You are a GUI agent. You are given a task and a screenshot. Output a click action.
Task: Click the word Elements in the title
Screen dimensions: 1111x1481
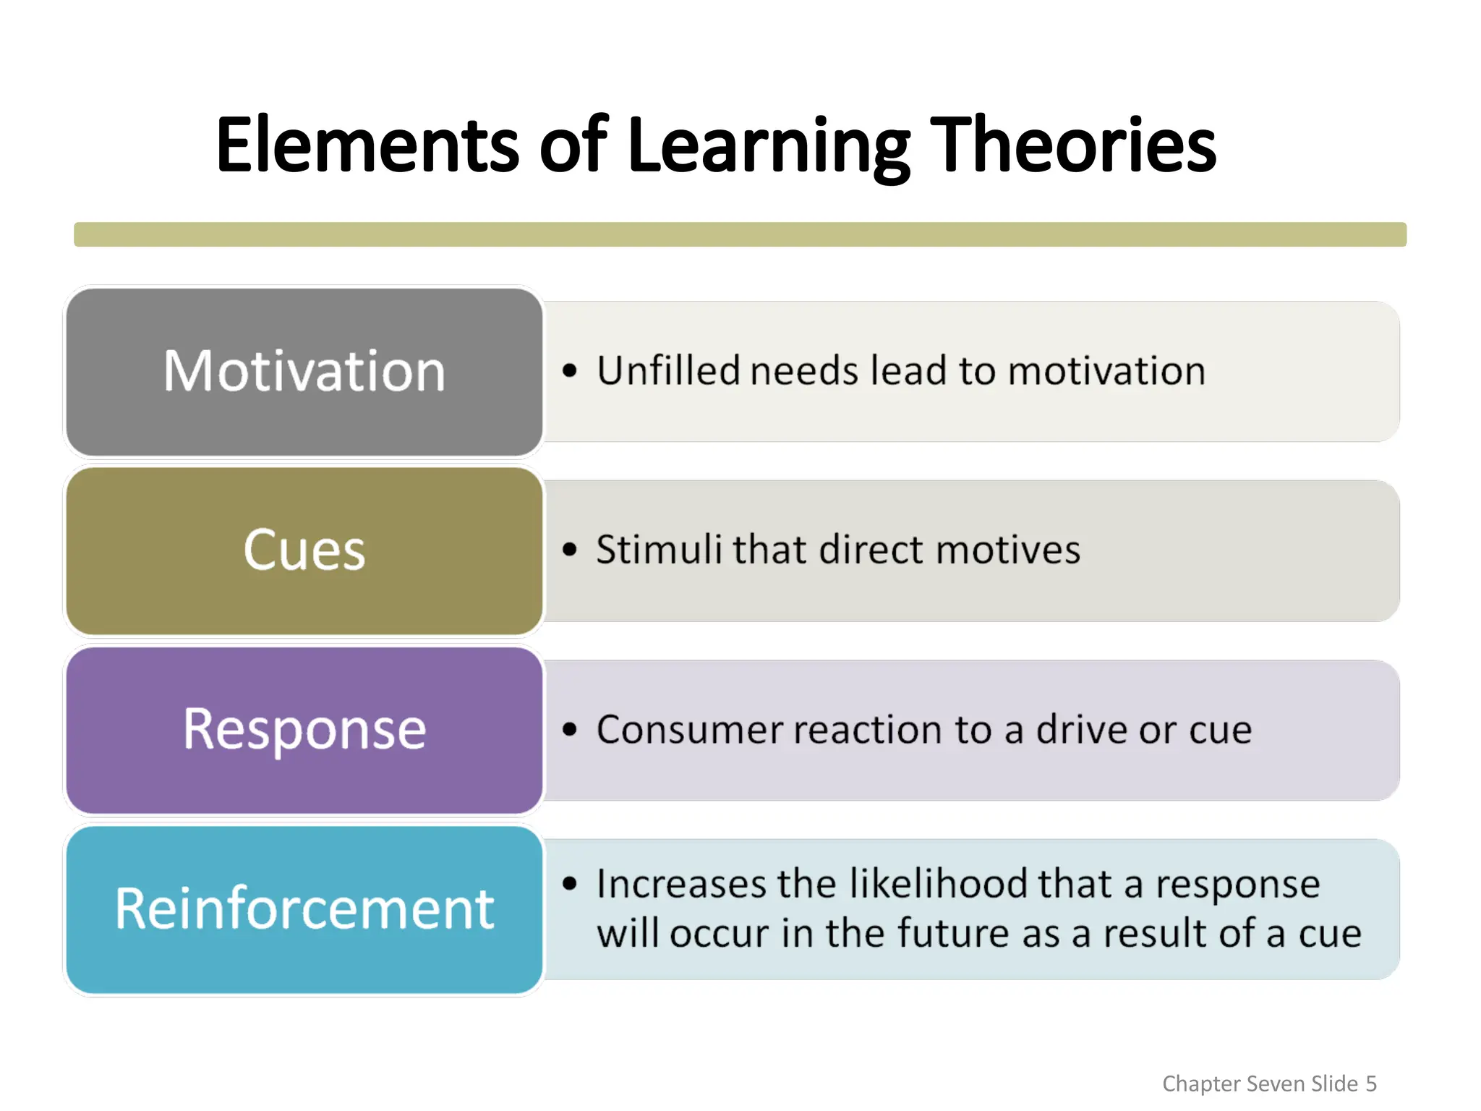[x=367, y=146]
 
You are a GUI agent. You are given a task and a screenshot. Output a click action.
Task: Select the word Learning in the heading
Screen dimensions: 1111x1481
[x=769, y=146]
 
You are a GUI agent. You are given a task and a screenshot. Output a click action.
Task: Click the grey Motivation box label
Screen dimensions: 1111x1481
[x=304, y=371]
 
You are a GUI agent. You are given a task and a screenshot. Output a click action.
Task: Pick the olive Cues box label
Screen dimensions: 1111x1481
[x=304, y=550]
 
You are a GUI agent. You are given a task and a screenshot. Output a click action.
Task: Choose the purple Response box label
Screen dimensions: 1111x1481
[x=304, y=729]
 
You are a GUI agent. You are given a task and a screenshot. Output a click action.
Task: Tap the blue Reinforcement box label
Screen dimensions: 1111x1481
[x=304, y=908]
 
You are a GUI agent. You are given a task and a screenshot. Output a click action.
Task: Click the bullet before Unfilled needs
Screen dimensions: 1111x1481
[x=570, y=371]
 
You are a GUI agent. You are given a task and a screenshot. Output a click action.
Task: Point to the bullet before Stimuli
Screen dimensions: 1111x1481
[x=570, y=550]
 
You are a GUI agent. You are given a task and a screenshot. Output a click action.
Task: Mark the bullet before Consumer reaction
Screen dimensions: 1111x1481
[x=570, y=729]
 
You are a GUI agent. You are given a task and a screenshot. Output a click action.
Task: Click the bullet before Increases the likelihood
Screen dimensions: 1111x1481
[x=570, y=883]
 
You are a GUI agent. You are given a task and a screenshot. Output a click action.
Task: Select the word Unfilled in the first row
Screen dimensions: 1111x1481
[x=668, y=370]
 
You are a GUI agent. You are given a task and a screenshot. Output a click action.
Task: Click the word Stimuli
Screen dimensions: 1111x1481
[x=659, y=549]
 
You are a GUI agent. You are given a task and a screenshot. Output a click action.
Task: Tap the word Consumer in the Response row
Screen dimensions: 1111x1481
[x=689, y=729]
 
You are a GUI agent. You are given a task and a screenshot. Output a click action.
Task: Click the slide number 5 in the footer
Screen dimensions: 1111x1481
[x=1371, y=1084]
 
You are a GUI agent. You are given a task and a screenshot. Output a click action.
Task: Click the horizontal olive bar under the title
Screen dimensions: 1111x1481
[x=740, y=234]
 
